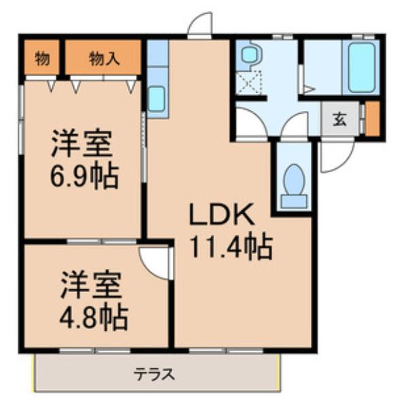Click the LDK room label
[222, 215]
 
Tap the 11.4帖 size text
[231, 247]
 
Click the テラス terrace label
[154, 374]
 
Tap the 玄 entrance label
[340, 119]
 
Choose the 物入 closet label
[105, 59]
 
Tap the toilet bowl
[294, 178]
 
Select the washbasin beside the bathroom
[249, 54]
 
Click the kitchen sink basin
[157, 99]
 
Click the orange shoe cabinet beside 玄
[372, 118]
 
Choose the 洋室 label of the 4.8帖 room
[91, 285]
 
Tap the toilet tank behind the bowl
[294, 201]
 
